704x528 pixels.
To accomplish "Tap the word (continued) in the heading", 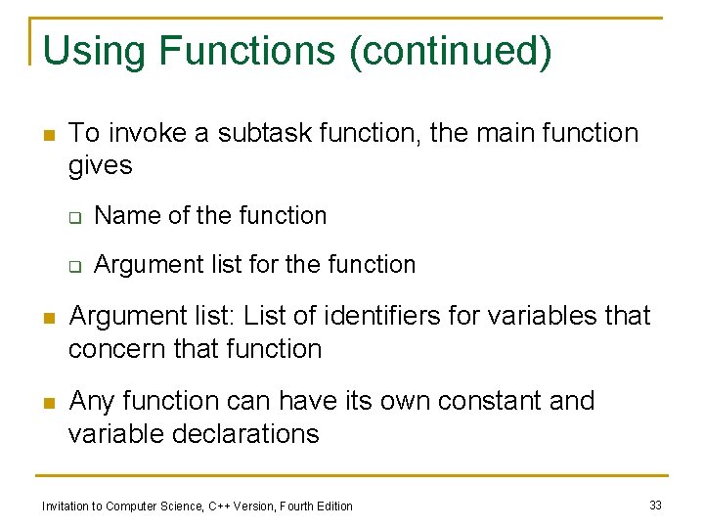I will [450, 51].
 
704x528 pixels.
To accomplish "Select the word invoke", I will [152, 133].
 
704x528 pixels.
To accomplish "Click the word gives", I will [100, 165].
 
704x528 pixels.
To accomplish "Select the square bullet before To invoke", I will [48, 135].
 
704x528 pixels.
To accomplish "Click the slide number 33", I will [655, 505].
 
